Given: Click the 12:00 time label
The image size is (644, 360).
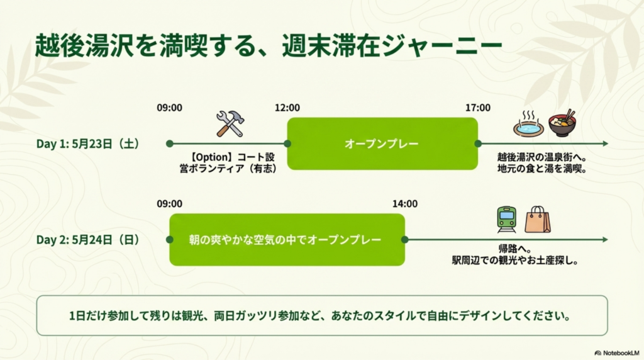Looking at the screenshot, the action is (287, 108).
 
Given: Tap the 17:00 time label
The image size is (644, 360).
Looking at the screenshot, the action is (478, 108).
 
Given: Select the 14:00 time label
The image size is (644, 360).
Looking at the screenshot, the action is (405, 204).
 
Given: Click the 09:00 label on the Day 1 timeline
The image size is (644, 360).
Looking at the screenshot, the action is (169, 108).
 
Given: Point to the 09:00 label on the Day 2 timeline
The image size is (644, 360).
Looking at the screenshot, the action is (169, 204).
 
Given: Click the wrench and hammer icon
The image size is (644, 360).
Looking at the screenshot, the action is (230, 124).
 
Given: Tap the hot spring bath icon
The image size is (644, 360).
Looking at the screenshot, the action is (528, 124).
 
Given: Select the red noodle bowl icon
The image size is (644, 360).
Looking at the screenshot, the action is (562, 123).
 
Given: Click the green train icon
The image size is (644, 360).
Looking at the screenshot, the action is (506, 220).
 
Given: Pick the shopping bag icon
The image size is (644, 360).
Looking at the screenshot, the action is (538, 220).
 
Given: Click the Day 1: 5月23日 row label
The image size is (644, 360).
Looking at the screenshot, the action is (88, 144).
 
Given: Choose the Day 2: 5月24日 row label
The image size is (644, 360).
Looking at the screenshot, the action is (88, 240).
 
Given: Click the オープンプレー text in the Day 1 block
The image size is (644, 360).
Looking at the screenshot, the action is (382, 144).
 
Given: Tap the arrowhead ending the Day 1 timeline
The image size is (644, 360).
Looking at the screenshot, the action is (606, 143).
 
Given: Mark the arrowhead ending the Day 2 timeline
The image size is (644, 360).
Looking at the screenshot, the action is (606, 240).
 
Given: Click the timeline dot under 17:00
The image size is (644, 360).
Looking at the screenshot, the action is (478, 143).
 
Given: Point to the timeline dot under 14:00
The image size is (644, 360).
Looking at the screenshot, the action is (404, 240).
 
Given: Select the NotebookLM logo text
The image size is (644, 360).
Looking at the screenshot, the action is (621, 353).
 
